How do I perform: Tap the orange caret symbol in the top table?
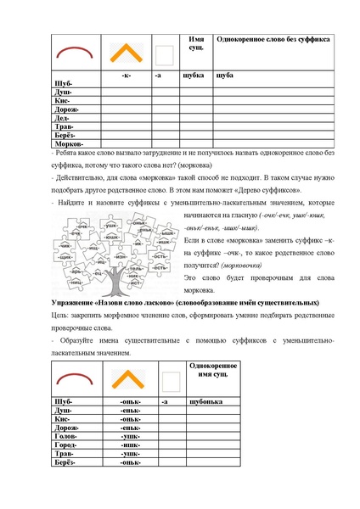pyautogui.click(x=127, y=54)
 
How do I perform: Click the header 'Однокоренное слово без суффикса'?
pyautogui.click(x=273, y=40)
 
